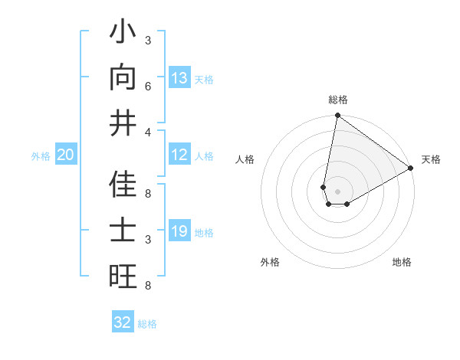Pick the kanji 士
click(x=123, y=232)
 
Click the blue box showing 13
click(x=179, y=78)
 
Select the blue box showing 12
click(x=179, y=155)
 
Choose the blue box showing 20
click(x=66, y=155)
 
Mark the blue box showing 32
click(x=123, y=322)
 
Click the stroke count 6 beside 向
click(x=148, y=87)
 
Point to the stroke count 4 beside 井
click(x=148, y=132)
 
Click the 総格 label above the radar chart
click(x=337, y=100)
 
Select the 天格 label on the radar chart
click(x=431, y=159)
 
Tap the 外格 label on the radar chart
click(x=270, y=262)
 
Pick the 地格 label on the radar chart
click(x=402, y=262)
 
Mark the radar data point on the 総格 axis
click(x=337, y=116)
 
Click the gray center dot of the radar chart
click(x=337, y=191)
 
